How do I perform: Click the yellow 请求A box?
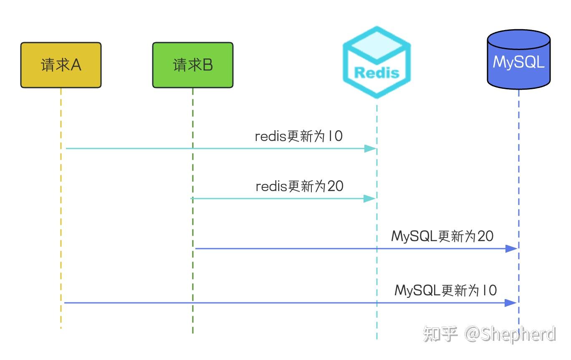(61, 65)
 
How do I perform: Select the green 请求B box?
(192, 65)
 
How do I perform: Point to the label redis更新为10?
(299, 136)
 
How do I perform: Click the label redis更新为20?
(299, 186)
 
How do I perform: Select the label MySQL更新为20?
(442, 237)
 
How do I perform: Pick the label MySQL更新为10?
(445, 290)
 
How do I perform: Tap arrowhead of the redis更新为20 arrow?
(370, 199)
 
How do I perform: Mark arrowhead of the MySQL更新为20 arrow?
(511, 249)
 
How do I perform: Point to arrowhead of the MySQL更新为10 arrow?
(510, 303)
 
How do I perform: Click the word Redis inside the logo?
(376, 73)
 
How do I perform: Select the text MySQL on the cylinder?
(518, 62)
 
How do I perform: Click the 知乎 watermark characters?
(440, 334)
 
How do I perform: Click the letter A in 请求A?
(76, 65)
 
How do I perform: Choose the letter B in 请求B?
(207, 65)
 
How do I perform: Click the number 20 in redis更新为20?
(335, 186)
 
